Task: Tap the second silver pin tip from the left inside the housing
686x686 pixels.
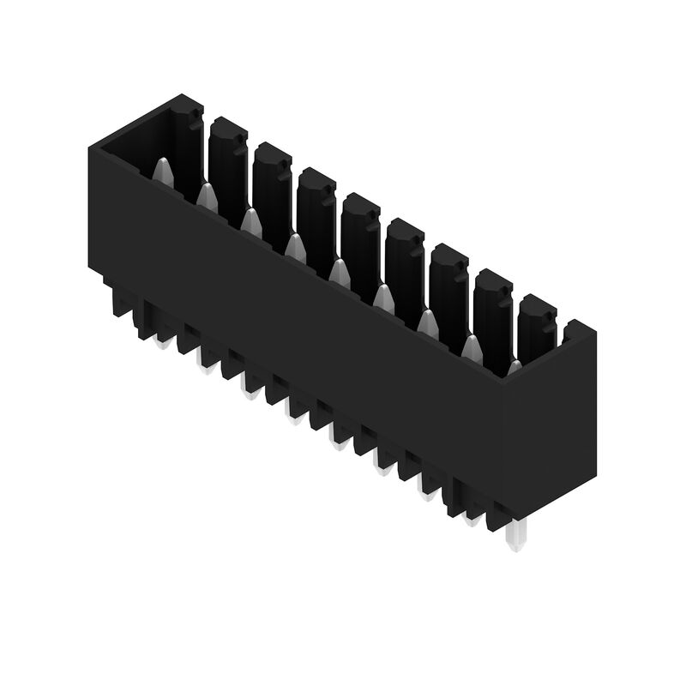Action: pos(207,197)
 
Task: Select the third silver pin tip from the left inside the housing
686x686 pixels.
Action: pos(251,222)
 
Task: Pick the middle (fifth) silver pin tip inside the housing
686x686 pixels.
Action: pos(340,273)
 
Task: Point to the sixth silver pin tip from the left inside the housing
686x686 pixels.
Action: pos(383,298)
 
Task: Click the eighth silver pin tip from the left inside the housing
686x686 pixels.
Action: pos(472,346)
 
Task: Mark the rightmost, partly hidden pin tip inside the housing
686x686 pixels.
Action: pos(514,367)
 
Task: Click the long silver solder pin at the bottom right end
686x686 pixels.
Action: pos(514,537)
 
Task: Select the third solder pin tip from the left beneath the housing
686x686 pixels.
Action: pos(250,392)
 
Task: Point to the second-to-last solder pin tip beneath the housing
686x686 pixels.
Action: pos(471,517)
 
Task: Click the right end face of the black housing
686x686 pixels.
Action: pos(549,429)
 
